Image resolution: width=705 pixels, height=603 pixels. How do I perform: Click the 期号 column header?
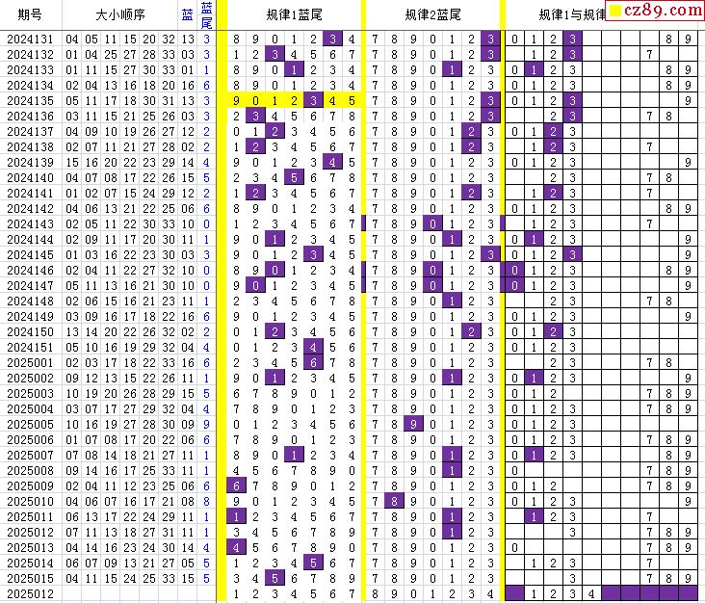point(29,14)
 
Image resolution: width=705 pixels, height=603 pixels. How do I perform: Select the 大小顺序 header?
point(120,14)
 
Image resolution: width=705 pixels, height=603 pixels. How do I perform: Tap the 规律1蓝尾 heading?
point(294,14)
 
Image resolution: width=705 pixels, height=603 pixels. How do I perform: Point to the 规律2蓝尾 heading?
point(432,14)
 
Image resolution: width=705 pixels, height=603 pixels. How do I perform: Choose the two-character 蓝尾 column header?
point(207,14)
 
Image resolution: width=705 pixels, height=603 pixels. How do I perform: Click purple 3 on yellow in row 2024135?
point(312,100)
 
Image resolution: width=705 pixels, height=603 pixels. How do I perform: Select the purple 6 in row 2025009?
point(236,485)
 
